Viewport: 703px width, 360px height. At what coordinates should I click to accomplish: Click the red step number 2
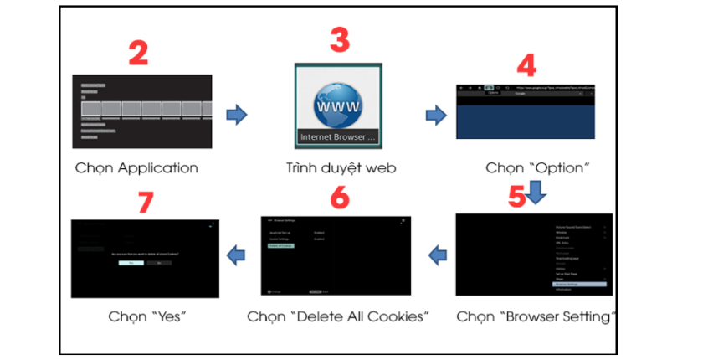click(138, 52)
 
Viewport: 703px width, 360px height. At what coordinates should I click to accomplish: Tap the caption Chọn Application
click(136, 167)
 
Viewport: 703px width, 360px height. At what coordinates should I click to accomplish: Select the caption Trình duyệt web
click(339, 167)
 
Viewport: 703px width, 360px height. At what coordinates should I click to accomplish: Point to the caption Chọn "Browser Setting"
click(536, 317)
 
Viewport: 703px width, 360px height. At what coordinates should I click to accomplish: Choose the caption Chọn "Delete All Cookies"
click(338, 317)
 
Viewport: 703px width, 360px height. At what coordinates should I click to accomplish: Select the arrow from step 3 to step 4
click(436, 114)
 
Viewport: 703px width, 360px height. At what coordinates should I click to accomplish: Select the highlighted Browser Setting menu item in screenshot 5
click(577, 284)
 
